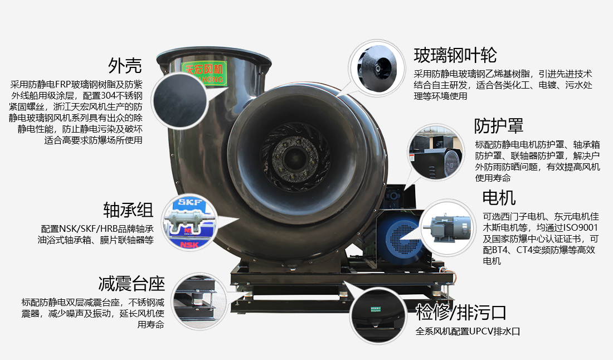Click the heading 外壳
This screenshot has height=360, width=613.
pyautogui.click(x=125, y=66)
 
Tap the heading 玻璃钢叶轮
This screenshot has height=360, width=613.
pyautogui.click(x=455, y=55)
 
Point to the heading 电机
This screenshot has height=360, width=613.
pyautogui.click(x=499, y=197)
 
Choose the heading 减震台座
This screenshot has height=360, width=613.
pyautogui.click(x=132, y=283)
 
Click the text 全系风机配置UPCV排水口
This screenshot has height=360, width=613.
pyautogui.click(x=468, y=332)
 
